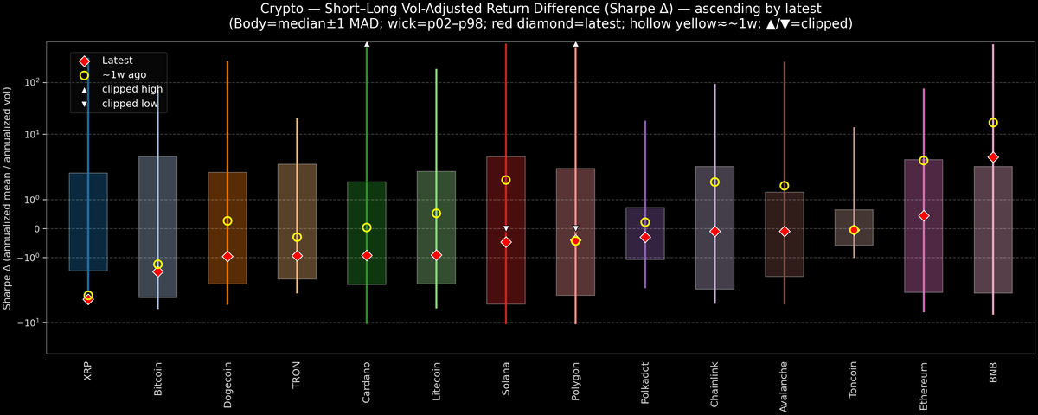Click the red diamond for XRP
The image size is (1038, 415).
88,299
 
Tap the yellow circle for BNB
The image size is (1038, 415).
993,123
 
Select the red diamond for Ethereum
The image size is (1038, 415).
924,215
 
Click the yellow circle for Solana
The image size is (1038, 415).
506,180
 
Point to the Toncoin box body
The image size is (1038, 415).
854,227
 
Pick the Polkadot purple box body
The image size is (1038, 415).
645,233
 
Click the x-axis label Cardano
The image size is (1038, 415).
367,378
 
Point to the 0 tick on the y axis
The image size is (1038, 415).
38,229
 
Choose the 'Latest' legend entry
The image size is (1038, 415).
116,61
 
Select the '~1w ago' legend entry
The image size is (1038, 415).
124,75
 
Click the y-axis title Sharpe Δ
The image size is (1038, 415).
8,199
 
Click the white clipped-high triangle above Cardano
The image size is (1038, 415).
367,43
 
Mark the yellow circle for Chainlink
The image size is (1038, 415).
714,182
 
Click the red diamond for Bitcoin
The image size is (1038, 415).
158,271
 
